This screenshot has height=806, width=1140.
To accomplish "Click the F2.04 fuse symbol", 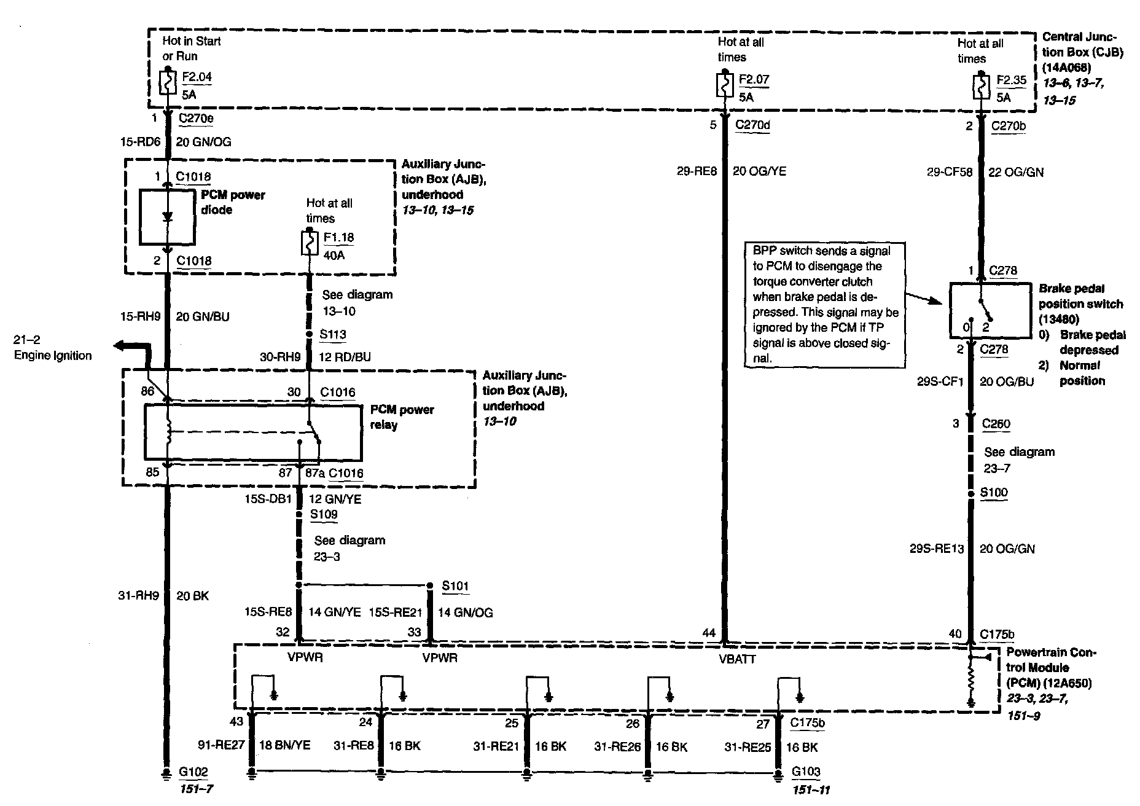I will (168, 83).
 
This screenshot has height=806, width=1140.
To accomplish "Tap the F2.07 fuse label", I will (754, 80).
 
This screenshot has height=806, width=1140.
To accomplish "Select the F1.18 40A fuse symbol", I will (309, 243).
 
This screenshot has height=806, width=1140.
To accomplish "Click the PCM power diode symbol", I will (167, 217).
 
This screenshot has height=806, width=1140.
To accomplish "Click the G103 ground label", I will (805, 772).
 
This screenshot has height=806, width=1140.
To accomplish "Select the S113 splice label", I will (333, 334).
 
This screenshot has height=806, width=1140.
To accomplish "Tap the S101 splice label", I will (455, 585).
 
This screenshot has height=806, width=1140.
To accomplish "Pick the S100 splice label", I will (994, 492).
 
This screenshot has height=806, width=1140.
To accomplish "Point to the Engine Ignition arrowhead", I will (118, 346).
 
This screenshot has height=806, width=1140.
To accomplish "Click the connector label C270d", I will (753, 125).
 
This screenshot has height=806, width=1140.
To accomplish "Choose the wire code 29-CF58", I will (950, 173).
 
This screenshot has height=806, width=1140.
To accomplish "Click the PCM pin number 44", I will (709, 633).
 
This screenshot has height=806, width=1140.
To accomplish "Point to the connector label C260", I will (996, 424).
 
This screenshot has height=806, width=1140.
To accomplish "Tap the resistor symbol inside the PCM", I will (971, 680).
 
